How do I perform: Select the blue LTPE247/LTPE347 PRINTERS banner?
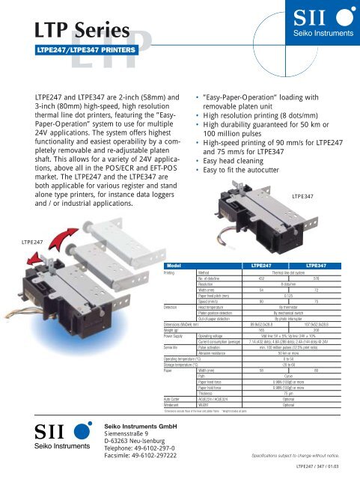[x=83, y=51]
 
